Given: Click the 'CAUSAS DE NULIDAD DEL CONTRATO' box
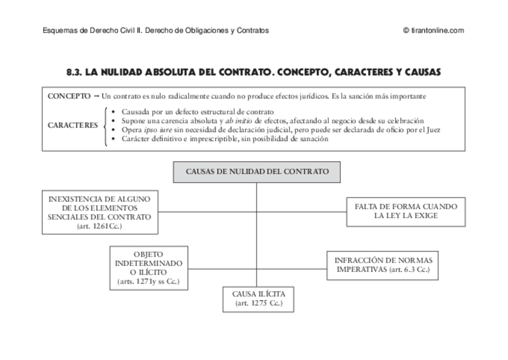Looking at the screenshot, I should [257, 171].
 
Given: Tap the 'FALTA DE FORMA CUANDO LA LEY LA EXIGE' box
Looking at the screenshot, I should [406, 211].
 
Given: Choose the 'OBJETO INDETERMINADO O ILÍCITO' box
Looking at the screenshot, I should [148, 267].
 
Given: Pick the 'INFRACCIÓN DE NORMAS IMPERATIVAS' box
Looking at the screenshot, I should [383, 265].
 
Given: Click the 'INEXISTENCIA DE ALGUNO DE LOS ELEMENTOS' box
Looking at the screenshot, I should [99, 213].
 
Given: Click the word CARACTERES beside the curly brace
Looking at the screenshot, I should [73, 125].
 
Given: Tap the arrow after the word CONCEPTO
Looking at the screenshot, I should [96, 96].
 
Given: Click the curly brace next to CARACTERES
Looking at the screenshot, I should [106, 125].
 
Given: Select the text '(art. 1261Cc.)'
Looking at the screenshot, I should [99, 227].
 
